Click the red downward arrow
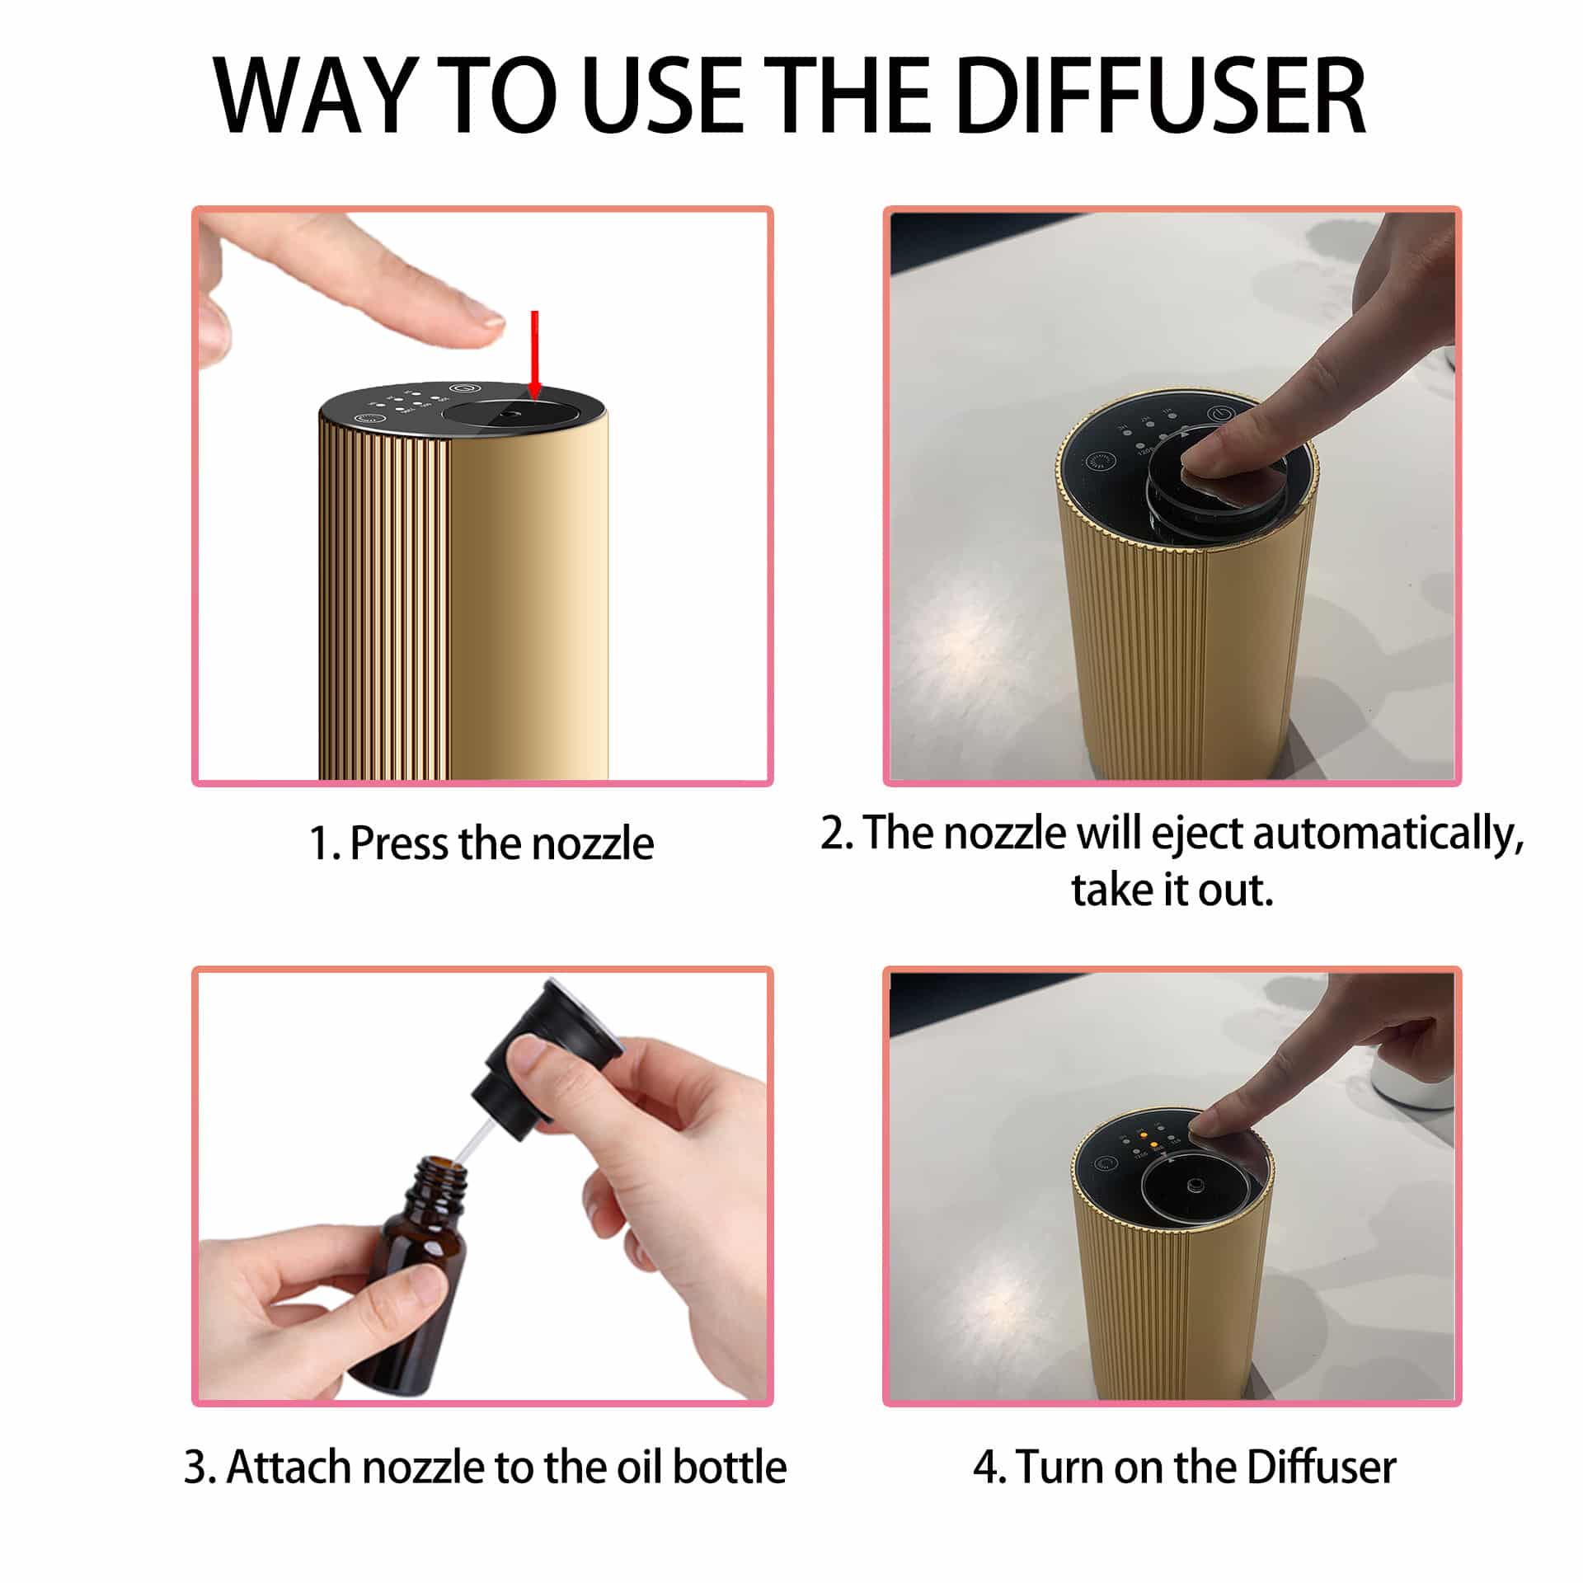click(x=534, y=355)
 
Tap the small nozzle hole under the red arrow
click(x=512, y=416)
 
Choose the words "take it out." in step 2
click(x=1172, y=890)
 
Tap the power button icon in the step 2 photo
click(x=1220, y=415)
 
